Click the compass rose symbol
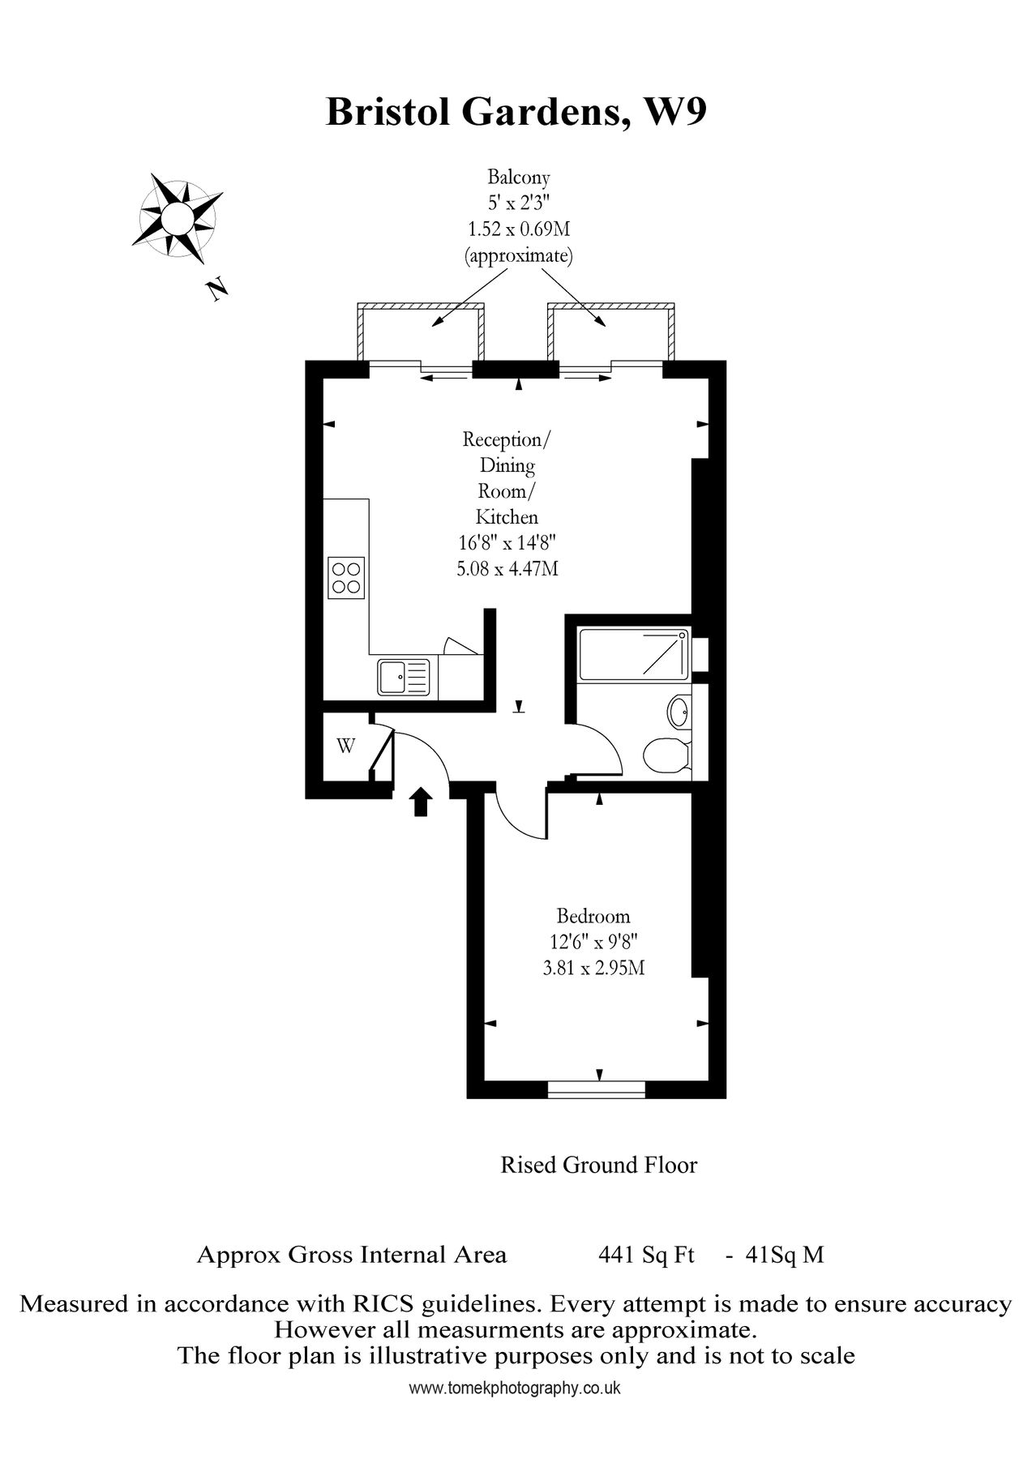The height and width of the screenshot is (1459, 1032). [175, 217]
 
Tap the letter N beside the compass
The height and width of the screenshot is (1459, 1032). [216, 289]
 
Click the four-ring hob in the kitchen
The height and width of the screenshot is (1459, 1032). [346, 577]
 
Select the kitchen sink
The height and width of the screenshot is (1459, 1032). [403, 677]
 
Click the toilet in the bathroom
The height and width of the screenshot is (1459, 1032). [665, 756]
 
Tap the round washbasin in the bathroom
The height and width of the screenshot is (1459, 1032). [679, 713]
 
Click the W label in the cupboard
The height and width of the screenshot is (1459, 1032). [345, 746]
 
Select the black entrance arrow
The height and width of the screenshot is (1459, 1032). [420, 802]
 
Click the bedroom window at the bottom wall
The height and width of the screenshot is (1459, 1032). [597, 1089]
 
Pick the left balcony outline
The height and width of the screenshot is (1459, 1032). [420, 332]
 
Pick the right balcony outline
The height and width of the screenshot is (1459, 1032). [612, 332]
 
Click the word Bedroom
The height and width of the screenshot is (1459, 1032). [593, 916]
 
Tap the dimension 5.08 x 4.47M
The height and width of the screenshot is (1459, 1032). [507, 568]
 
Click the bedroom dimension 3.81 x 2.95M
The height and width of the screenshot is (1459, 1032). [593, 968]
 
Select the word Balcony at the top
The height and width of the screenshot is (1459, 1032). [519, 177]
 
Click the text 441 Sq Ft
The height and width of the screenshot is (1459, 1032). [646, 1255]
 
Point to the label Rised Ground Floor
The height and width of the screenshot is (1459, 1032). [598, 1165]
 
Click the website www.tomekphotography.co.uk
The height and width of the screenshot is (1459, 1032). [515, 1388]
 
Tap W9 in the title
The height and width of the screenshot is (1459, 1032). [674, 112]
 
